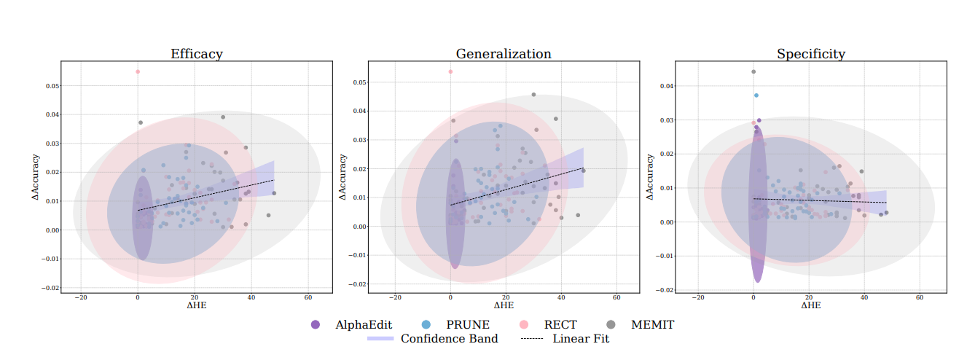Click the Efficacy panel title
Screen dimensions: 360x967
tap(197, 54)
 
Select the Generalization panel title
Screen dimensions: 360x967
tap(504, 54)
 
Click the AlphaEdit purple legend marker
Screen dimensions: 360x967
tap(315, 325)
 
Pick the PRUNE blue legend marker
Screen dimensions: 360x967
tap(427, 325)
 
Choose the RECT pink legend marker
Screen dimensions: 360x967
tap(523, 325)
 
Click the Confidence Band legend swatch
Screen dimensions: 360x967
tap(380, 339)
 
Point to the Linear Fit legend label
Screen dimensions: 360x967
tap(581, 339)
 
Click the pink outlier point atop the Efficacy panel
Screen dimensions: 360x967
tap(138, 71)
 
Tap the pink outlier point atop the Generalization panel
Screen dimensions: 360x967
tap(450, 71)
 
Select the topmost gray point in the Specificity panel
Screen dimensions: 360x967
tap(753, 71)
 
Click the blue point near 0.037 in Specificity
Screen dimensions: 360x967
tap(756, 95)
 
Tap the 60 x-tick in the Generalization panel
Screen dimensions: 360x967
tap(616, 297)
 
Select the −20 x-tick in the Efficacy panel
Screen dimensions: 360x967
tap(81, 297)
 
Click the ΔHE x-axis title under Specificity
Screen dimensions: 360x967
tap(811, 306)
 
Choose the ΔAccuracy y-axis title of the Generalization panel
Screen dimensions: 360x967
tap(342, 178)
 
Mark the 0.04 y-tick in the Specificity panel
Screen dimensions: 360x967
tap(666, 86)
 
